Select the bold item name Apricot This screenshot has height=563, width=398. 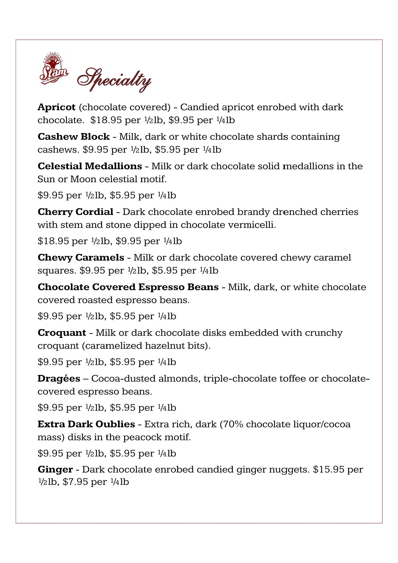pyautogui.click(x=56, y=107)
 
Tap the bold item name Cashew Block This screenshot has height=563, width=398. pyautogui.click(x=74, y=137)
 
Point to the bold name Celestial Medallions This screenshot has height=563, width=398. pyautogui.click(x=90, y=166)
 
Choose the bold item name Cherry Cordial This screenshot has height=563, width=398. pyautogui.click(x=75, y=212)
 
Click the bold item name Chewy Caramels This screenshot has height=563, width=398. pyautogui.click(x=81, y=258)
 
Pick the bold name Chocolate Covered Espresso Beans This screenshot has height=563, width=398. pyautogui.click(x=128, y=287)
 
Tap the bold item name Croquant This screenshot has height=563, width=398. pyautogui.click(x=62, y=333)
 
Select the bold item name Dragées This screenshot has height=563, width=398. pyautogui.click(x=59, y=379)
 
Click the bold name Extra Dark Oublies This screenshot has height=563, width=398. pyautogui.click(x=86, y=424)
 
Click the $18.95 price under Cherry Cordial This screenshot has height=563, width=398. pyautogui.click(x=53, y=241)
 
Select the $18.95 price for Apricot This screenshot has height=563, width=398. pyautogui.click(x=106, y=120)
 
